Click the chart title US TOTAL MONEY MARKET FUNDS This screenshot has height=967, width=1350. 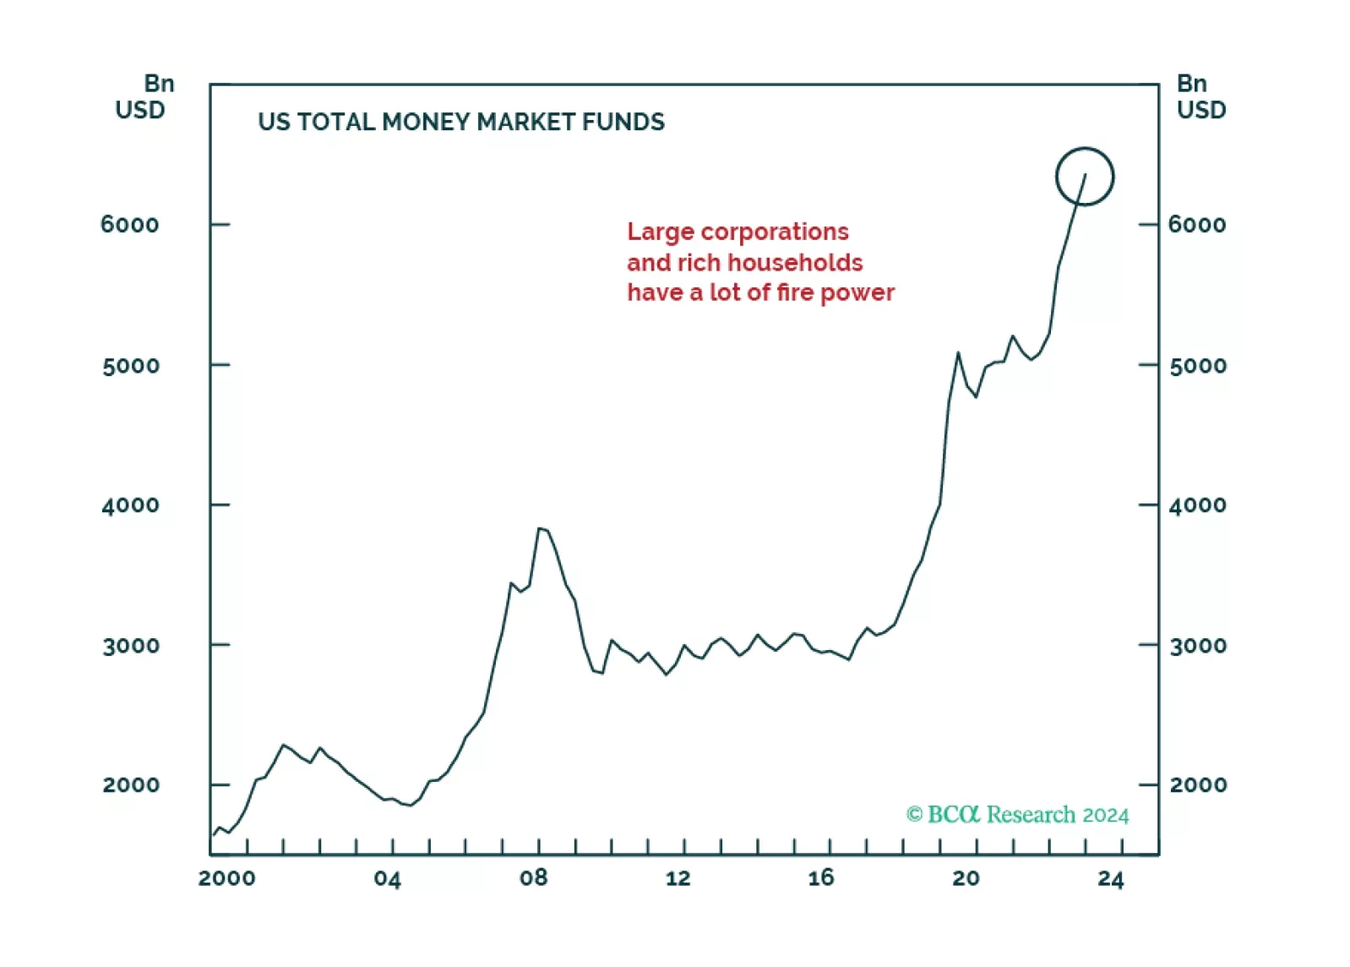(461, 122)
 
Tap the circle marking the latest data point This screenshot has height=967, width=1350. (1085, 177)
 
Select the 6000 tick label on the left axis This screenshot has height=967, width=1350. (129, 225)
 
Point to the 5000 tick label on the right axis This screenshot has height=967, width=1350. (1198, 366)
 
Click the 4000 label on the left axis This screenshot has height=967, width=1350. (130, 505)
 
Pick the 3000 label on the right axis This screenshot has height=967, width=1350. (1198, 646)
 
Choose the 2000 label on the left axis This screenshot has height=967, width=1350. (131, 785)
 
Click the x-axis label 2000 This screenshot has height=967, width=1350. (226, 878)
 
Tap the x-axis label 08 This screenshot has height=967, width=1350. (533, 878)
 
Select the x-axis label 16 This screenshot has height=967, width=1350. (820, 878)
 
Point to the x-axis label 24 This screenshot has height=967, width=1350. (1111, 879)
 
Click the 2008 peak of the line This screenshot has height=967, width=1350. (540, 529)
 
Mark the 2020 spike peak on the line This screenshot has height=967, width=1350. (958, 353)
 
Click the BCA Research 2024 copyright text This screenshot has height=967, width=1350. (1017, 814)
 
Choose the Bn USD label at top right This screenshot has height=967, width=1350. (1200, 96)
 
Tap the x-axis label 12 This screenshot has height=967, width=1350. (678, 878)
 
